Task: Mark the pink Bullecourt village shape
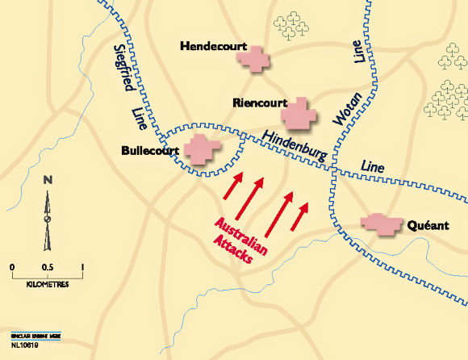203,149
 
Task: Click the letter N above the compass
48,179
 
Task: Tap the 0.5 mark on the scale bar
48,266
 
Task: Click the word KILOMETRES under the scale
48,285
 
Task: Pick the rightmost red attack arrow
301,215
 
